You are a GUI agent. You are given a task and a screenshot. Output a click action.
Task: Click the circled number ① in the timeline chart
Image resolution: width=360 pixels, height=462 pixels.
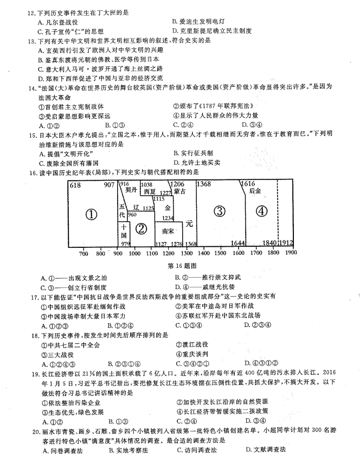pyautogui.click(x=91, y=215)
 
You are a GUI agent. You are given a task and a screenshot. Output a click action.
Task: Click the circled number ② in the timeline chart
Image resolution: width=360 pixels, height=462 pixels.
pyautogui.click(x=141, y=229)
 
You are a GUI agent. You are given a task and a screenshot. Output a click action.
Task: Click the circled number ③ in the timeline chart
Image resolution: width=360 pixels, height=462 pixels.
pyautogui.click(x=220, y=211)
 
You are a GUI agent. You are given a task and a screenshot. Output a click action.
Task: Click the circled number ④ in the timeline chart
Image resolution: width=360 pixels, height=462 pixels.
pyautogui.click(x=261, y=211)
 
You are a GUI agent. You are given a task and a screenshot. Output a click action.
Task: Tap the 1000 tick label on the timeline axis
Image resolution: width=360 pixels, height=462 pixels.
pyautogui.click(x=135, y=253)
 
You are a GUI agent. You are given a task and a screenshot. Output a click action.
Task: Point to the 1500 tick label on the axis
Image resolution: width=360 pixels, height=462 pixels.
pyautogui.click(x=220, y=253)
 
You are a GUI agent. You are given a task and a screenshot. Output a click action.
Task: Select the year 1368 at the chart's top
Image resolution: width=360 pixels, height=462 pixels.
pyautogui.click(x=204, y=184)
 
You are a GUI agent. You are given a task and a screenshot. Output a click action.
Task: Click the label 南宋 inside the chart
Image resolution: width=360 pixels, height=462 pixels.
pyautogui.click(x=168, y=232)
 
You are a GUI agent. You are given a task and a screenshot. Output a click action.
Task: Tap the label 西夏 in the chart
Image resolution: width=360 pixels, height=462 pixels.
pyautogui.click(x=150, y=191)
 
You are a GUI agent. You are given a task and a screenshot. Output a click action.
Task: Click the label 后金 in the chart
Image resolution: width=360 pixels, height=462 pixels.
pyautogui.click(x=255, y=191)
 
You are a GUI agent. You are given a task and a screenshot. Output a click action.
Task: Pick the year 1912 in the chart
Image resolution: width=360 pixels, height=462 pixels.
pyautogui.click(x=286, y=243)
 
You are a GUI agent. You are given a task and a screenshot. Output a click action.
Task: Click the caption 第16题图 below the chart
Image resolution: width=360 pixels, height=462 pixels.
pyautogui.click(x=182, y=266)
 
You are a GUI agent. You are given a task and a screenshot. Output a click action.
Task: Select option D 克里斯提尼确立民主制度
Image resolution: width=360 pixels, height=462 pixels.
pyautogui.click(x=212, y=31)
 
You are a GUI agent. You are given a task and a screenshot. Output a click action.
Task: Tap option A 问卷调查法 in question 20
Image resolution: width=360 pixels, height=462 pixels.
pyautogui.click(x=63, y=451)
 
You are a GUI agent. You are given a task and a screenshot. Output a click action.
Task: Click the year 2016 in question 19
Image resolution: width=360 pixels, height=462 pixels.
pyautogui.click(x=329, y=372)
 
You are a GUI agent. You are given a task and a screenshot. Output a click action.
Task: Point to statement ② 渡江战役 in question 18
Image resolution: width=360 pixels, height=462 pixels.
pyautogui.click(x=192, y=344)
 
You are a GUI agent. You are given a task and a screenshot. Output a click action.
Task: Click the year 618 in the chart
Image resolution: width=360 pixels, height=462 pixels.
pyautogui.click(x=75, y=185)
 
